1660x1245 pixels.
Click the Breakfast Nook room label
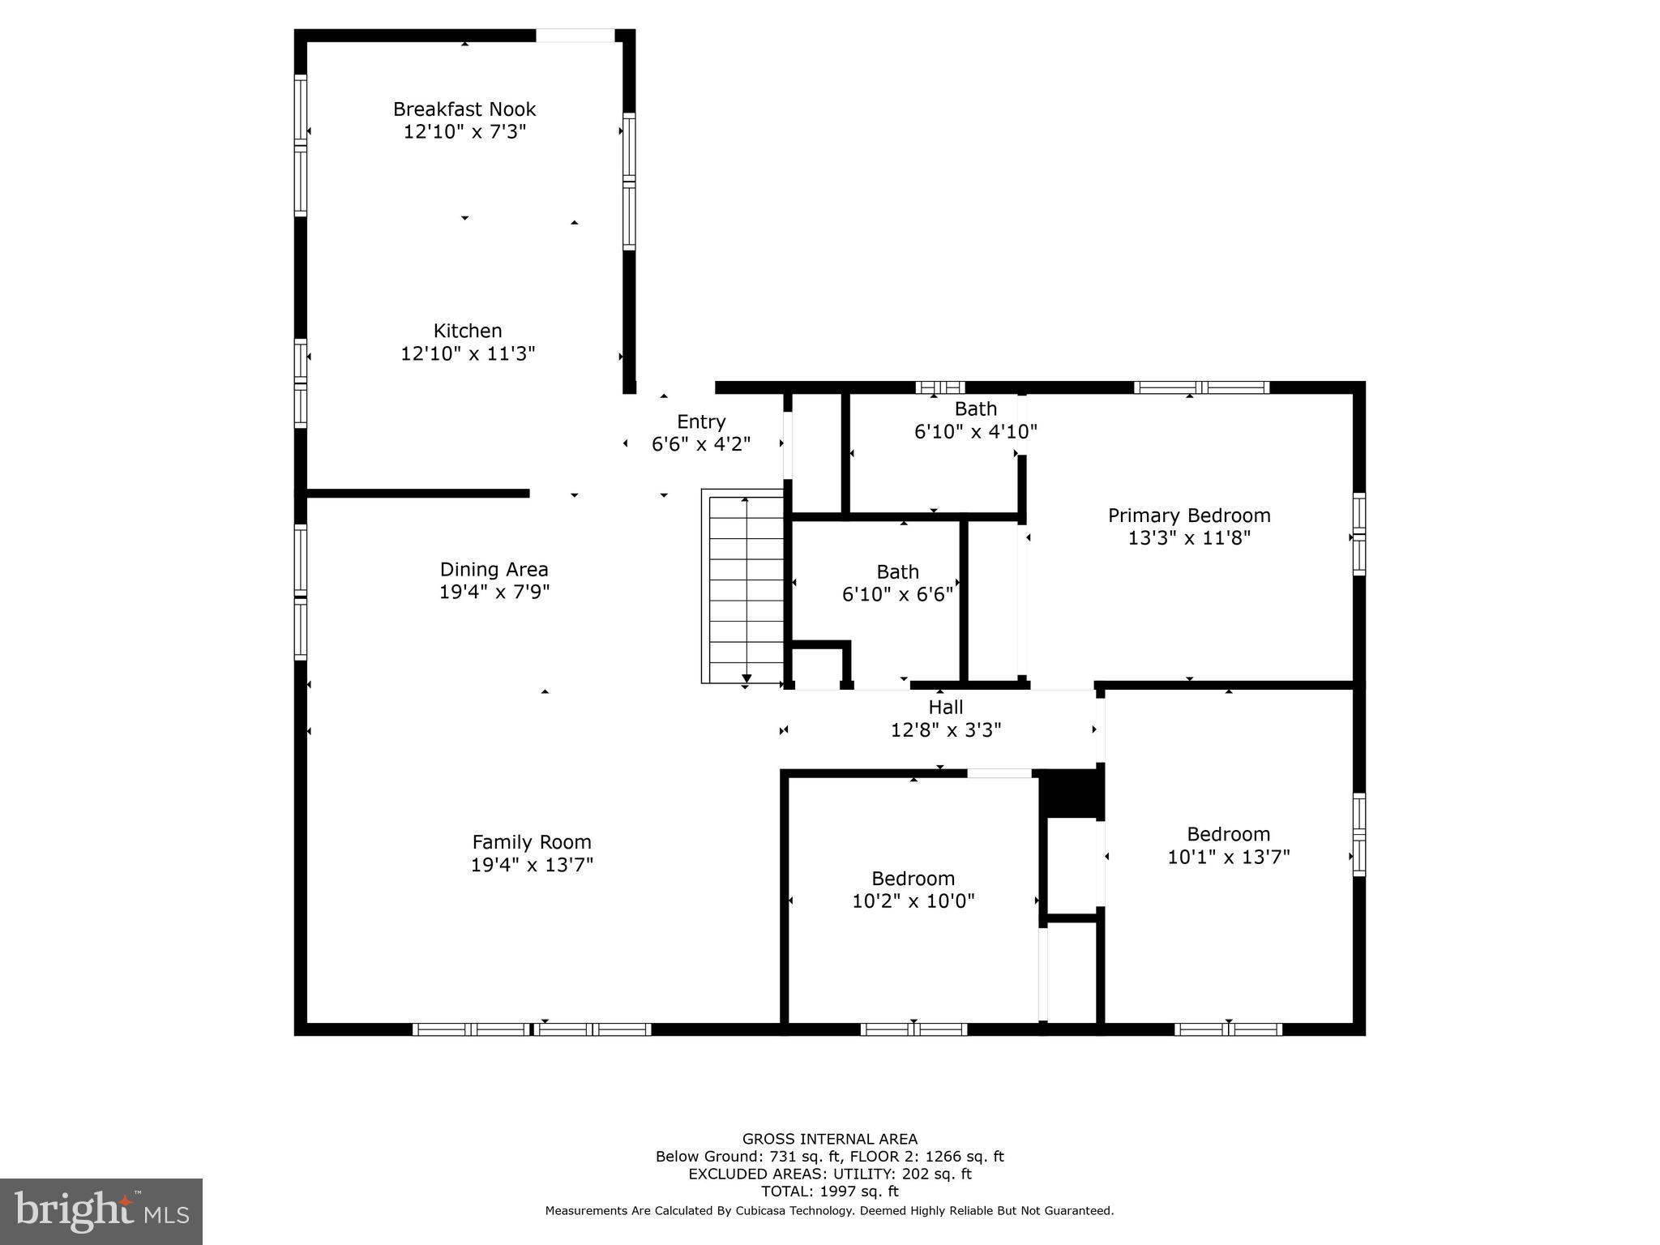click(x=464, y=109)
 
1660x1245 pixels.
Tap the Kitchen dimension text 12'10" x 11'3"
click(x=468, y=353)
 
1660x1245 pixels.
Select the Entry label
click(x=701, y=421)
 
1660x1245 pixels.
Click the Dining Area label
click(x=494, y=569)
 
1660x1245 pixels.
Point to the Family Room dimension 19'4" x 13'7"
click(x=532, y=865)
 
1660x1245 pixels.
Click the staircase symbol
click(x=743, y=586)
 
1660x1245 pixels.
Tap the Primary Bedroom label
click(x=1189, y=516)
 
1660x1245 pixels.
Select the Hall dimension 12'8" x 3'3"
click(x=946, y=730)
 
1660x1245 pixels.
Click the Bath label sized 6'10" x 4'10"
click(x=975, y=409)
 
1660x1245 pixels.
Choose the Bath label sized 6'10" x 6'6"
click(x=897, y=572)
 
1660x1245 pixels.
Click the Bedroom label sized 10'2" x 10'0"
click(x=913, y=879)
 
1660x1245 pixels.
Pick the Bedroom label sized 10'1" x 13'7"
click(x=1228, y=834)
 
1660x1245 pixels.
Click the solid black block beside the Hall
click(x=1071, y=794)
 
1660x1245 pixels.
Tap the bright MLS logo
click(x=101, y=1211)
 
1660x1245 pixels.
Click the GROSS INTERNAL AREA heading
click(x=830, y=1139)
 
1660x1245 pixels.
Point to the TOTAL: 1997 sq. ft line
click(x=830, y=1191)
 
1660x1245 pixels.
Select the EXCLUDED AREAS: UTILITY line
click(x=830, y=1174)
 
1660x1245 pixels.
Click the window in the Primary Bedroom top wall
click(x=1201, y=387)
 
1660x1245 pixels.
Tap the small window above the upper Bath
click(x=940, y=387)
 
